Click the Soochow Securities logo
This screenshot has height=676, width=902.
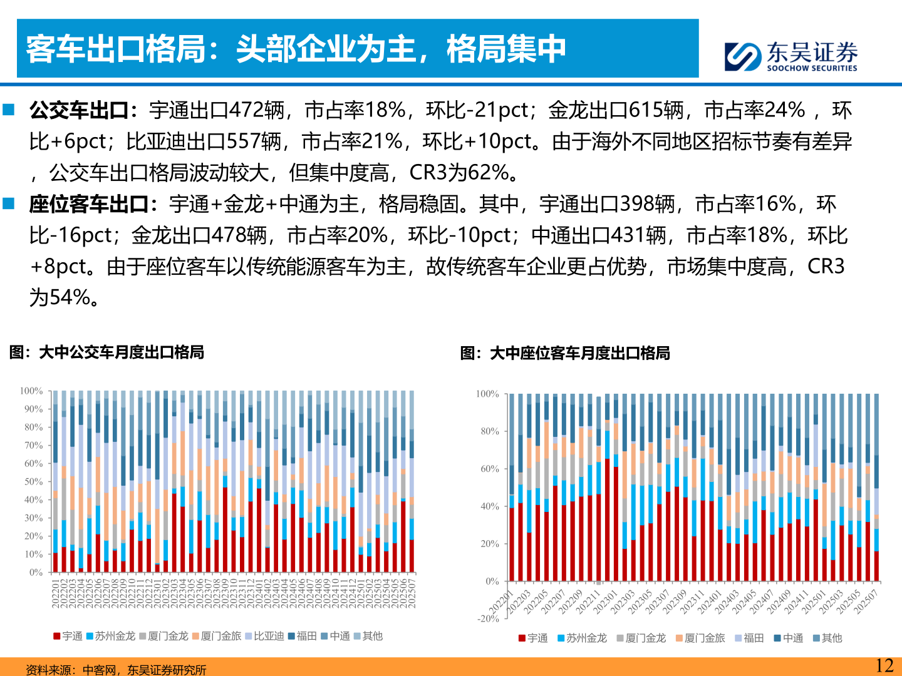(791, 56)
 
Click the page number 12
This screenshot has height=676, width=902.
(884, 665)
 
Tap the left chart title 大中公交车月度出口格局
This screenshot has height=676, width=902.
(107, 352)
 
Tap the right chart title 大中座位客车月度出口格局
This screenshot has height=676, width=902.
(565, 353)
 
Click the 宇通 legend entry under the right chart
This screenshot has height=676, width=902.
(533, 638)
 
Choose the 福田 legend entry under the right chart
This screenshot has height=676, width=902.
(749, 638)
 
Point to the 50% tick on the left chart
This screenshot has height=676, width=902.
(33, 482)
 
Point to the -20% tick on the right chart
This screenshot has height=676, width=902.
(489, 618)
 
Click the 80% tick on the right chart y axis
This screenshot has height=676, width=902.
(490, 431)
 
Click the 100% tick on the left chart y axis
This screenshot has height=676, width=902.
(31, 391)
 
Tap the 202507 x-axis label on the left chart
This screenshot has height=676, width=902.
(412, 593)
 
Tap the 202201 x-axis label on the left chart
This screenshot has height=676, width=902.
(55, 593)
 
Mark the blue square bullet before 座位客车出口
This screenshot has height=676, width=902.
(9, 203)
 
